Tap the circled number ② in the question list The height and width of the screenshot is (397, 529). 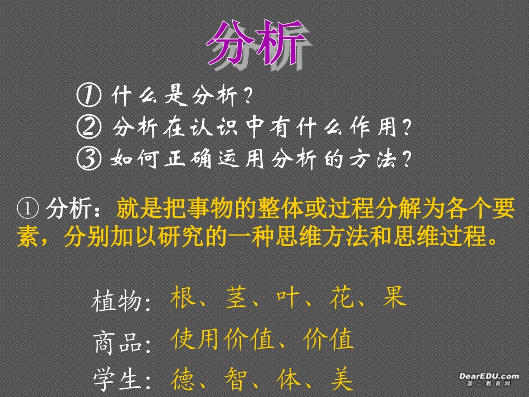coord(89,129)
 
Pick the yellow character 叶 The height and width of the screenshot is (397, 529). coord(289,298)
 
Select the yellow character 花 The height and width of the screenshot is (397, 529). coord(341,298)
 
